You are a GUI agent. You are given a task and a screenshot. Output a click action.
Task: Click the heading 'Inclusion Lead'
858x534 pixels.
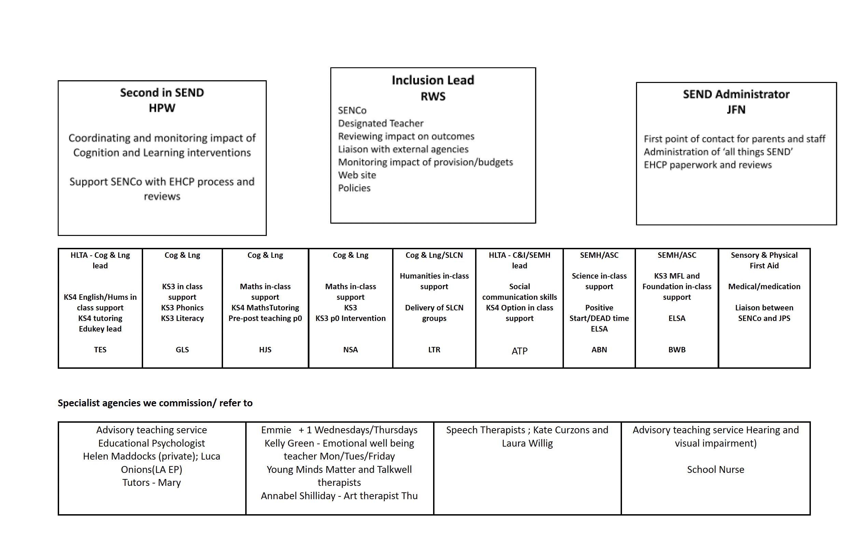tap(433, 80)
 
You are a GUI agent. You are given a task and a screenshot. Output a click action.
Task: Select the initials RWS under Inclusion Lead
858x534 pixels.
tap(433, 96)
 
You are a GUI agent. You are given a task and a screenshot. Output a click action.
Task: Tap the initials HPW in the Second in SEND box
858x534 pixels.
tap(162, 108)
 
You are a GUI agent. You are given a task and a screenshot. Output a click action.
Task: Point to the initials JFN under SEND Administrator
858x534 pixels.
tap(736, 110)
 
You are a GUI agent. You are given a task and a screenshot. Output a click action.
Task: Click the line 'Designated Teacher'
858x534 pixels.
tap(380, 124)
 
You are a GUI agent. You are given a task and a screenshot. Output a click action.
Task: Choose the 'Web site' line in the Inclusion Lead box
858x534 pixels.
tap(357, 175)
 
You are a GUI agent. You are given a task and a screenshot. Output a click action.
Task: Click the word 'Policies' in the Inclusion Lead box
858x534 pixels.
tap(354, 188)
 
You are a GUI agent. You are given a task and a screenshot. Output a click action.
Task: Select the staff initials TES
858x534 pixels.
tap(100, 350)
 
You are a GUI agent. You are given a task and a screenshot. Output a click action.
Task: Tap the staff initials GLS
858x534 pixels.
tap(182, 350)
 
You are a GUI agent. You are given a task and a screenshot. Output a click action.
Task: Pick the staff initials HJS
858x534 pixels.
tap(265, 350)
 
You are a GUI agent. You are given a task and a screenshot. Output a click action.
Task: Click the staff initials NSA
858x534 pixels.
tap(350, 350)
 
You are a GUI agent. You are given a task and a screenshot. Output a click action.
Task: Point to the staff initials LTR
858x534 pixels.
tap(434, 350)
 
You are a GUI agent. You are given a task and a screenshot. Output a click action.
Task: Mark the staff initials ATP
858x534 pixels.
tap(519, 351)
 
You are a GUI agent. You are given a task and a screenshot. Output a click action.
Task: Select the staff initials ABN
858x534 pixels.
tap(599, 350)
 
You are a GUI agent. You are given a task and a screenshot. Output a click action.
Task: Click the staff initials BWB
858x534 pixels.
tap(677, 350)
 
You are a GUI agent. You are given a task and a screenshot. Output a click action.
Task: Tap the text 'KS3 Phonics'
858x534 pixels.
tap(182, 308)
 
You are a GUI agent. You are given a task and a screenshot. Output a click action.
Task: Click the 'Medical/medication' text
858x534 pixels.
tap(764, 286)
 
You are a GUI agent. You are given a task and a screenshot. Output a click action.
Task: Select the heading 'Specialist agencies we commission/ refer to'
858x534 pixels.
tap(155, 403)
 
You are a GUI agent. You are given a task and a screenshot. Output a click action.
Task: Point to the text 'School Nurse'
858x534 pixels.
tap(715, 470)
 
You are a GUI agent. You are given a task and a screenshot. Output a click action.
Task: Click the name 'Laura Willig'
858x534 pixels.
tap(527, 443)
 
